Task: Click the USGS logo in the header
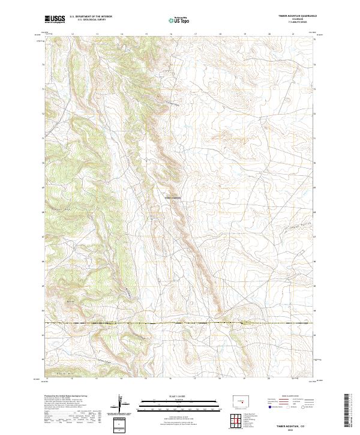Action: (55, 19)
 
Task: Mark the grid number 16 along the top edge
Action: (171, 34)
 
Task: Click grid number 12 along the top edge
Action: (72, 34)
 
